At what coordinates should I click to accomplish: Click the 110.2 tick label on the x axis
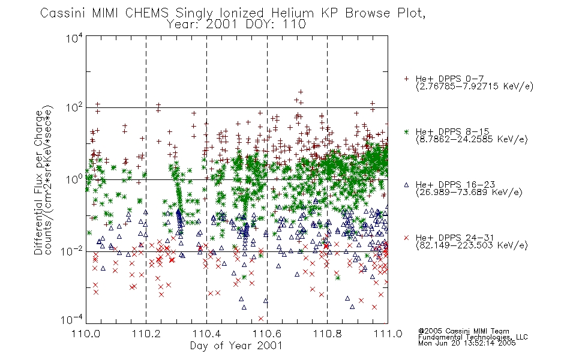click(146, 333)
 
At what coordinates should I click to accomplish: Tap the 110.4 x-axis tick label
click(206, 333)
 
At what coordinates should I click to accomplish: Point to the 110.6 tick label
click(267, 333)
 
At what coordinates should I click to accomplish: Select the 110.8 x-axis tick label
click(327, 333)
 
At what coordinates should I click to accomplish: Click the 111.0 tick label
click(388, 333)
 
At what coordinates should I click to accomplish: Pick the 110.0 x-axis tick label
click(86, 333)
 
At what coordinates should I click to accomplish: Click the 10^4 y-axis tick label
click(74, 38)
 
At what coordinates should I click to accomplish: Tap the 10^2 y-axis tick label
click(74, 108)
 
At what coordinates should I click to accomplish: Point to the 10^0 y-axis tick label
click(74, 179)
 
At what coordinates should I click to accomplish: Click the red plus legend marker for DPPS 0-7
click(406, 79)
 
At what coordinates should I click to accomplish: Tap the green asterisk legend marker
click(406, 131)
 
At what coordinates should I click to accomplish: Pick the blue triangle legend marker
click(406, 185)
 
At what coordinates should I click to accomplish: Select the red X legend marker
click(406, 238)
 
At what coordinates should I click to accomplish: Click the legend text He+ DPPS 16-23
click(455, 185)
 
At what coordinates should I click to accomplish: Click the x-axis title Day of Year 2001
click(236, 346)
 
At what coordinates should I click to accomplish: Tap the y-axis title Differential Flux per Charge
click(38, 182)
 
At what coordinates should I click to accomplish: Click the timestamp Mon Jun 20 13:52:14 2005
click(467, 343)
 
